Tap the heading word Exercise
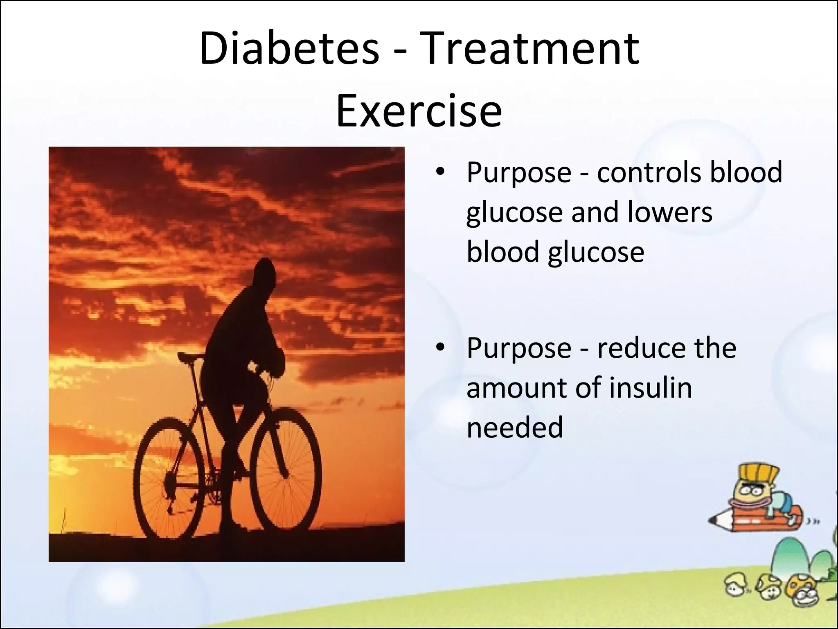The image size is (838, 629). tap(419, 111)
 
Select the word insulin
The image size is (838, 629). tap(651, 387)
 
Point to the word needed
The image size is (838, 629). tap(515, 428)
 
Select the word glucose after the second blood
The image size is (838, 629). tap(596, 251)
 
